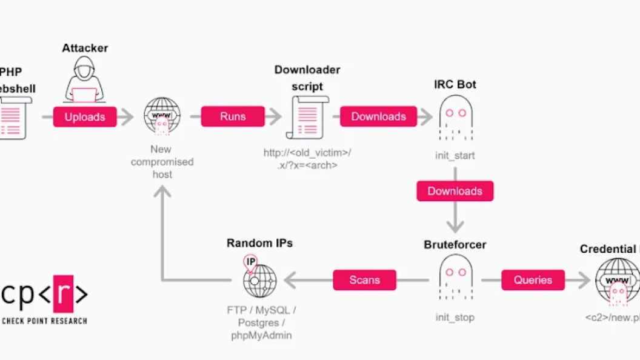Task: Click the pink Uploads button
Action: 84,117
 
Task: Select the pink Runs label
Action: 233,116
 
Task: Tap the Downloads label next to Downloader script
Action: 378,116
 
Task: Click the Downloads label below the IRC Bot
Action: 455,191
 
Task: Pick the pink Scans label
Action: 364,280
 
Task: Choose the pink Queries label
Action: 533,280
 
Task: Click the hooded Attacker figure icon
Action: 84,78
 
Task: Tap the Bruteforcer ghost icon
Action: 455,276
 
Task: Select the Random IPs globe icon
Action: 259,279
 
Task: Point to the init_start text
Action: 455,156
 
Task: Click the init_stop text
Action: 455,318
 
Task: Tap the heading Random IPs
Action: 259,243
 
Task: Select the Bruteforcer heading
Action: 455,245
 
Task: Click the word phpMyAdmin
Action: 261,335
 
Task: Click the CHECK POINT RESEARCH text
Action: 44,321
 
